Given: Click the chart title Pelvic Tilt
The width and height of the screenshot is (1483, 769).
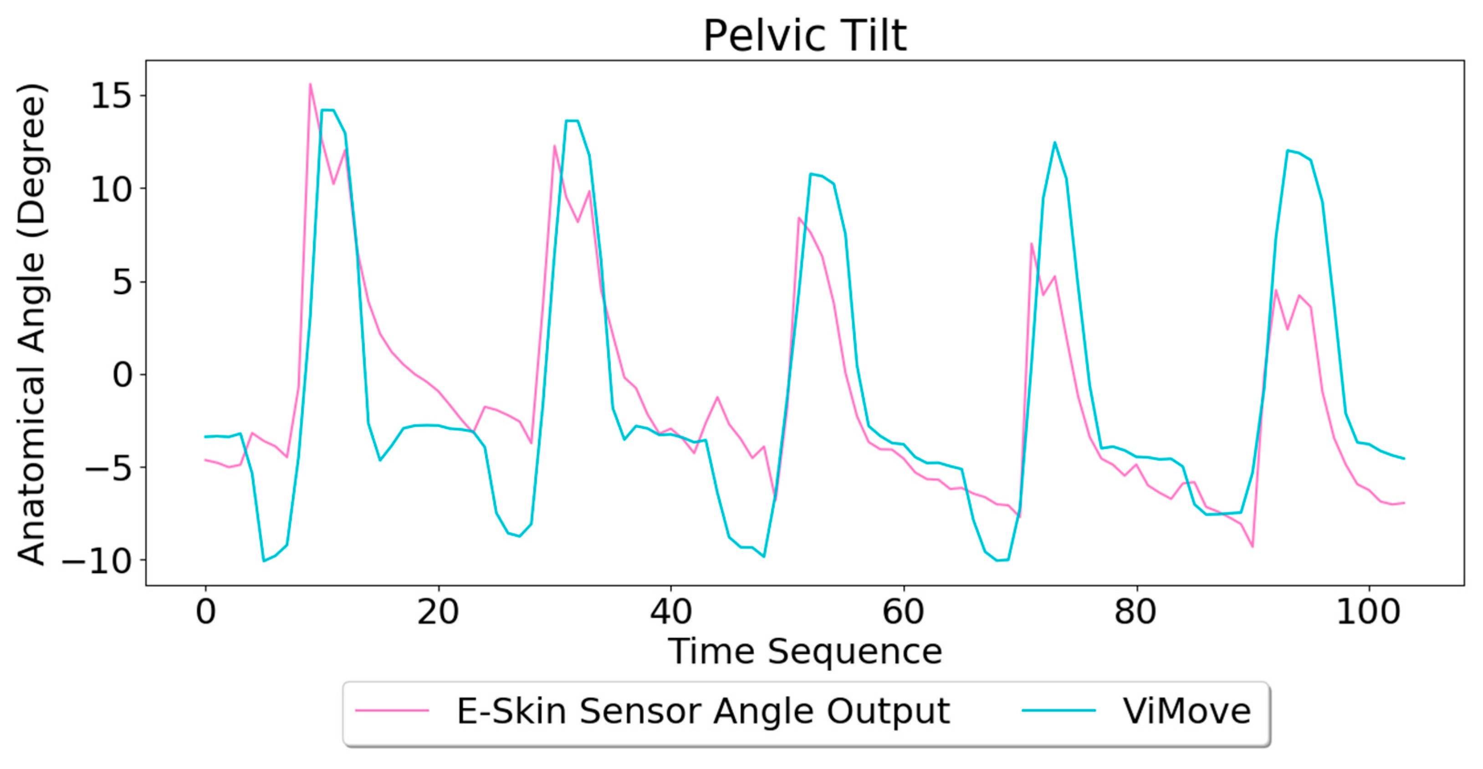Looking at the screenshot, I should (x=805, y=36).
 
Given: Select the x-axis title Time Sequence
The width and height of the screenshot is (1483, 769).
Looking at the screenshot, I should (x=805, y=652).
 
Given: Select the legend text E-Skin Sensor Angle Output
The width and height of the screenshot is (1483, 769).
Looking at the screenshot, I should (x=703, y=712).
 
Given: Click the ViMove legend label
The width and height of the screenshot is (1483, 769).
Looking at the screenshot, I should (x=1187, y=712).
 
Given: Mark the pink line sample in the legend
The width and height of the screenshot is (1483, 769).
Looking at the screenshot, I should (x=392, y=711).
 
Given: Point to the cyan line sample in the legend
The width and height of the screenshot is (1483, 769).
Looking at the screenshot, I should (x=1058, y=711).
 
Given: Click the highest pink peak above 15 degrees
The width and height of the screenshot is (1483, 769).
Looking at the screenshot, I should (x=310, y=85).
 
